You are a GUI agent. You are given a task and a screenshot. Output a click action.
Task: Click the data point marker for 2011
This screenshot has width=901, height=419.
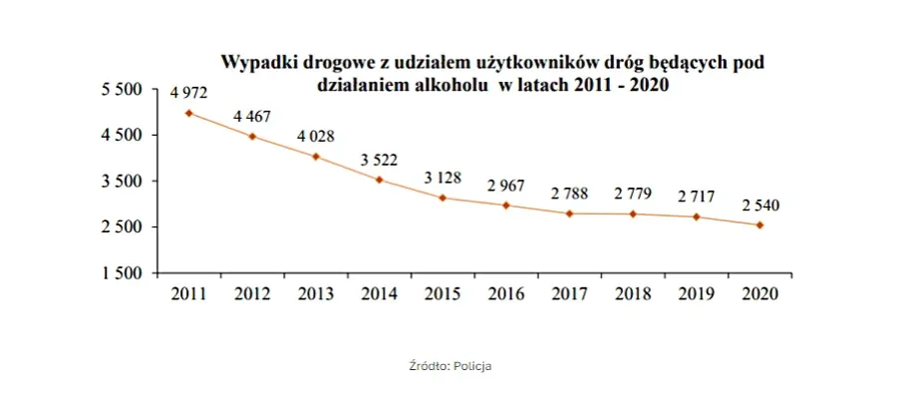(x=189, y=113)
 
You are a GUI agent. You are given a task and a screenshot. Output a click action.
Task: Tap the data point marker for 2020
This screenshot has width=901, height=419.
(x=760, y=225)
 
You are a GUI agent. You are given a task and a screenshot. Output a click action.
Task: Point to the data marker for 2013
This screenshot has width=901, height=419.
(x=316, y=157)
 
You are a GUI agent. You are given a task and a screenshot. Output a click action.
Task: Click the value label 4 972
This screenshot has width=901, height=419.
(x=188, y=93)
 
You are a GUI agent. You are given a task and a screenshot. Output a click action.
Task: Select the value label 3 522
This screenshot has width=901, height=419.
(x=379, y=160)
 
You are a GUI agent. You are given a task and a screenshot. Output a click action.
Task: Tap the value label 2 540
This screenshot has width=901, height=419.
(x=760, y=206)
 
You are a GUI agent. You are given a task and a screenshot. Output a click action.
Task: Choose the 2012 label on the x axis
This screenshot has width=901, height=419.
(x=252, y=293)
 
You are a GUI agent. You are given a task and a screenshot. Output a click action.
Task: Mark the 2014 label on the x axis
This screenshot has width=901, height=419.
(x=380, y=293)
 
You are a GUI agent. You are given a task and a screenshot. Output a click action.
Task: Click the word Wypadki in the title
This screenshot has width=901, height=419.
(x=256, y=64)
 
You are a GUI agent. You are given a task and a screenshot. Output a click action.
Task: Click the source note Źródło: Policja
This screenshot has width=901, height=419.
(x=450, y=366)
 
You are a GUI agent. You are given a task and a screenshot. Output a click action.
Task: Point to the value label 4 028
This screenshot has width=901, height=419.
(x=316, y=137)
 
